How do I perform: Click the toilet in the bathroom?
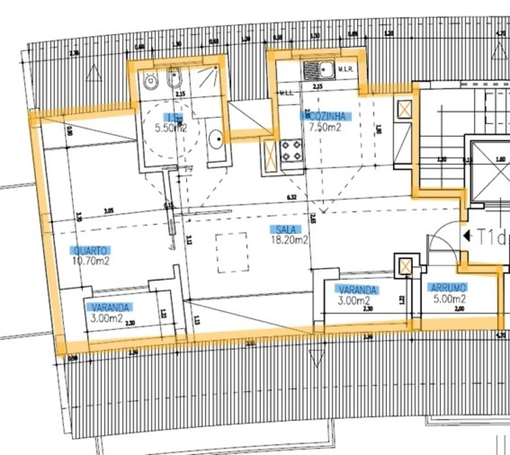point(150,81)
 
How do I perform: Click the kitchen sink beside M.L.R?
point(313,69)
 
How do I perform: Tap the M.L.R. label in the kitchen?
point(345,69)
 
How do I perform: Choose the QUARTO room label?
point(90,250)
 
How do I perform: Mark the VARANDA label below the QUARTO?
point(111,308)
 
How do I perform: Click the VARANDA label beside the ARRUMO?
point(357,290)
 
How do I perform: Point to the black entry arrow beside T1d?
point(467,236)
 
